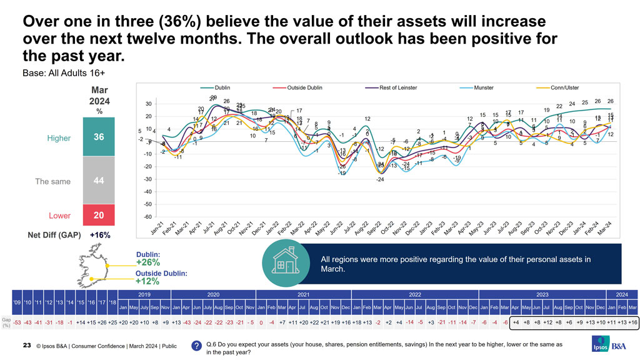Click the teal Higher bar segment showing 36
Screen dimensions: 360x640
click(99, 136)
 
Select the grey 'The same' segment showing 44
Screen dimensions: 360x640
click(99, 181)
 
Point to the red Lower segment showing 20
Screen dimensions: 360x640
click(99, 215)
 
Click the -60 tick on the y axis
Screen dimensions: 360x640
click(147, 216)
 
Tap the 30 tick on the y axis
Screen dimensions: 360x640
click(148, 104)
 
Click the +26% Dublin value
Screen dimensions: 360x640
click(149, 262)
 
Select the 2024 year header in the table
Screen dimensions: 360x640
click(622, 294)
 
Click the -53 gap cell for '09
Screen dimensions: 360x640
click(19, 322)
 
